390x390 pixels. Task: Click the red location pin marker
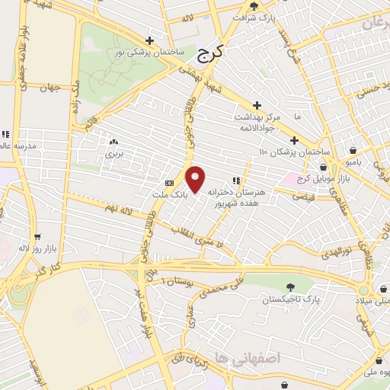196,179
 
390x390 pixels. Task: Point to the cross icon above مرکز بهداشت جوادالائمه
257,104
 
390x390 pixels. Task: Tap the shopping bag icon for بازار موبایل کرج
323,167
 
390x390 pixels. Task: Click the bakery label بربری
113,153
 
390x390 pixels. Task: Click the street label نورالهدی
337,252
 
